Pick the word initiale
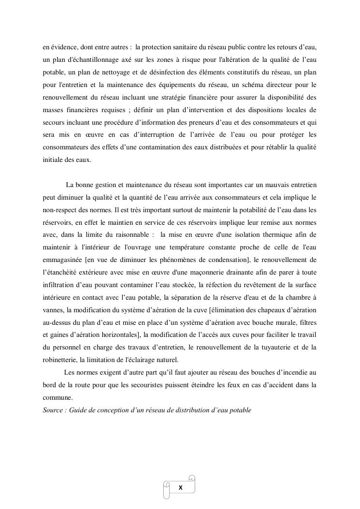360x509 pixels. (x=53, y=160)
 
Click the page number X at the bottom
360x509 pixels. (x=180, y=488)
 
